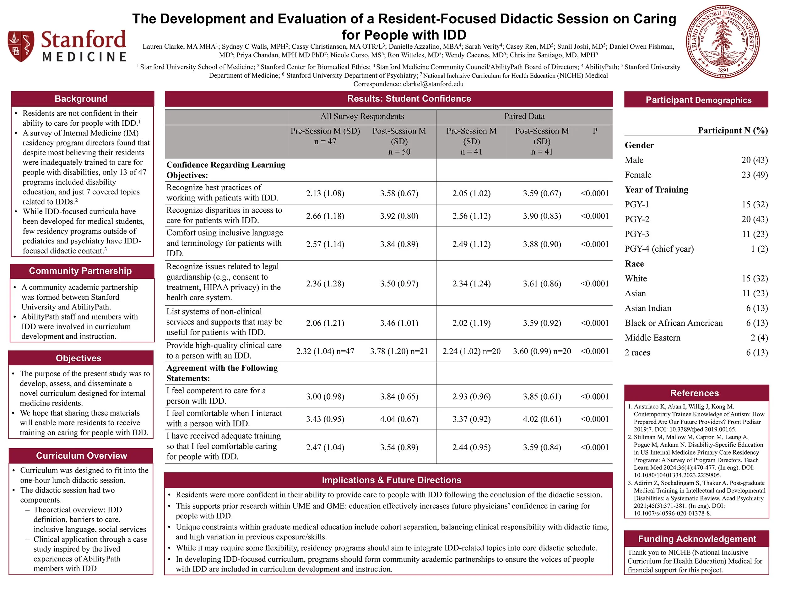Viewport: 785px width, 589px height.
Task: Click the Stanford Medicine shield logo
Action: (21, 46)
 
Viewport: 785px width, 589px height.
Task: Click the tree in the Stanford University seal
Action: (723, 41)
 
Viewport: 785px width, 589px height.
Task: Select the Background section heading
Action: (81, 99)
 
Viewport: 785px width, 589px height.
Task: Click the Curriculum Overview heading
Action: (81, 455)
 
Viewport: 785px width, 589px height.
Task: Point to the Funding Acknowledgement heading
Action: (697, 539)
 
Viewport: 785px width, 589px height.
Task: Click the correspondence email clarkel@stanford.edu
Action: (433, 84)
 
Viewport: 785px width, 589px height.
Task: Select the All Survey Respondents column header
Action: (362, 117)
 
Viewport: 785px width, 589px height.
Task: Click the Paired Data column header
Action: (524, 117)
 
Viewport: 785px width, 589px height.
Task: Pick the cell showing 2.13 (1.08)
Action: (325, 194)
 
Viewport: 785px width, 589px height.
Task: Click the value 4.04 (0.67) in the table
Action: (399, 419)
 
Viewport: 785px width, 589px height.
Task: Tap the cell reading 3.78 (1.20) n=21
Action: (399, 352)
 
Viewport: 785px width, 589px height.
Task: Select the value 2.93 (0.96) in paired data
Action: (471, 396)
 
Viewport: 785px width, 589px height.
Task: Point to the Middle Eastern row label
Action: (652, 338)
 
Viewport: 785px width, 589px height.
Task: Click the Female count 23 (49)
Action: (755, 175)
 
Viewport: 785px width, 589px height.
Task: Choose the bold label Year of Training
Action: (657, 190)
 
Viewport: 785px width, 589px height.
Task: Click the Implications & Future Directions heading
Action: (392, 480)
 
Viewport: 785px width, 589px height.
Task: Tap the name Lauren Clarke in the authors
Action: (162, 46)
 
